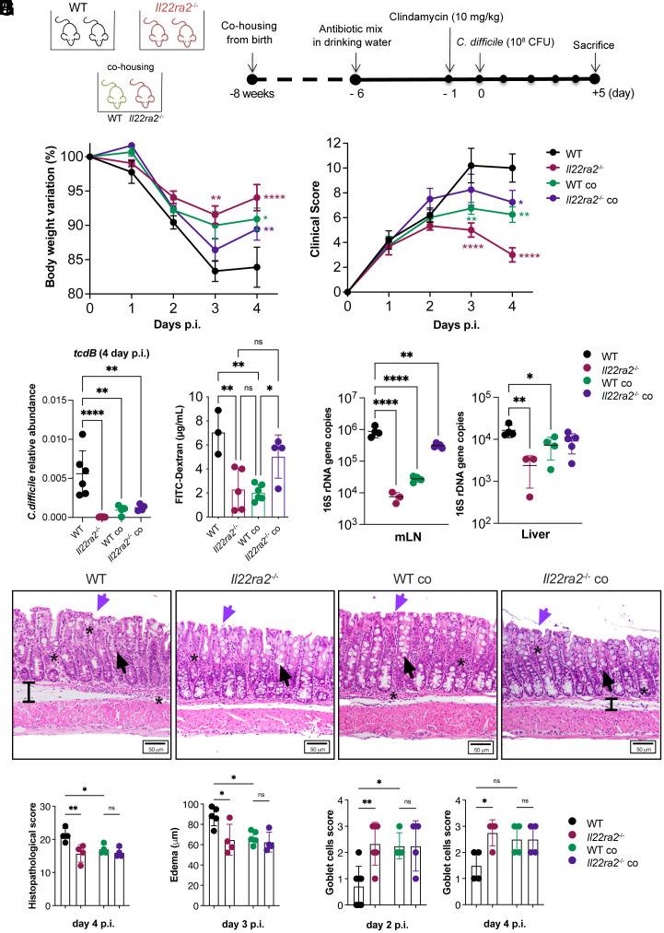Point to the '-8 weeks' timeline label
coord(250,99)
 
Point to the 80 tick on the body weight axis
coord(77,294)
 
